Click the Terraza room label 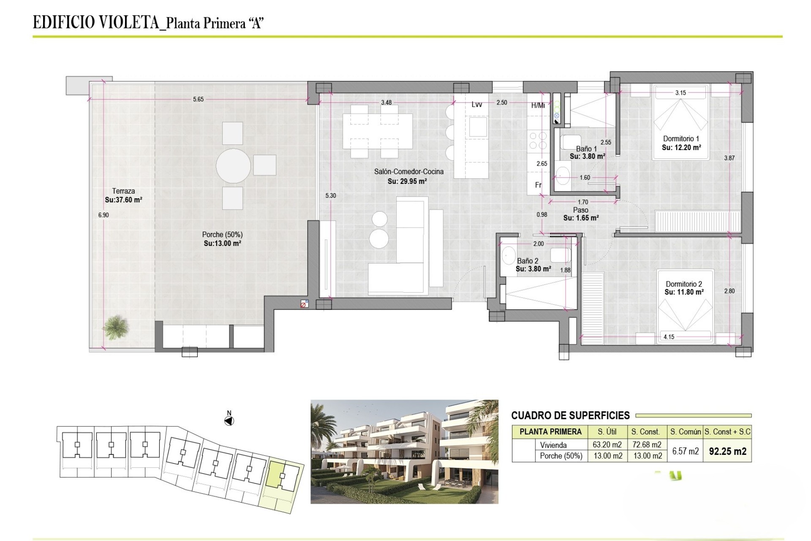click(x=123, y=191)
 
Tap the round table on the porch click(x=233, y=166)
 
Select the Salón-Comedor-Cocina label click(x=409, y=172)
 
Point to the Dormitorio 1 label click(x=681, y=139)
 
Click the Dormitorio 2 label click(x=684, y=284)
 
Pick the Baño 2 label click(x=528, y=261)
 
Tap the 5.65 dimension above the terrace click(x=198, y=99)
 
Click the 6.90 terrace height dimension click(x=103, y=215)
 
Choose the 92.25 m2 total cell click(x=728, y=451)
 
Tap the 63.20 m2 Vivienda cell click(x=607, y=445)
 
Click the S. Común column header click(x=685, y=432)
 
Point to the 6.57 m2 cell click(x=685, y=451)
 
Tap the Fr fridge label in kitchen click(x=538, y=185)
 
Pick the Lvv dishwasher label click(x=477, y=104)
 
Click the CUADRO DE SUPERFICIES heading click(x=570, y=415)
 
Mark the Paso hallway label click(x=581, y=210)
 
